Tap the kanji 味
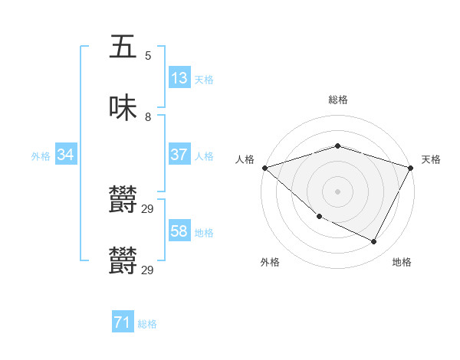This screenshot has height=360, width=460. tap(123, 109)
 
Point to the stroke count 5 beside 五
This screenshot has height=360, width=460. tap(148, 55)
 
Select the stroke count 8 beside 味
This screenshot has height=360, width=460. tap(148, 117)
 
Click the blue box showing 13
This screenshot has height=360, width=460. tap(179, 78)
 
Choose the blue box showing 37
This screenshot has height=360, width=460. tap(179, 155)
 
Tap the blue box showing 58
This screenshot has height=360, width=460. tap(179, 231)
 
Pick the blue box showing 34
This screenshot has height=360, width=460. tap(66, 155)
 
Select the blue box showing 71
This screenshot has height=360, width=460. tap(123, 323)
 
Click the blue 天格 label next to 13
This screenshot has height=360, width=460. tap(203, 80)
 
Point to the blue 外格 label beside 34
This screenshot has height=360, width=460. tap(41, 156)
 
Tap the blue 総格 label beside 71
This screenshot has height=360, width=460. tap(147, 325)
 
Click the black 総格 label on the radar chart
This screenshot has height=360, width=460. tap(338, 100)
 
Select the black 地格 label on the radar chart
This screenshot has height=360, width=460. tap(402, 263)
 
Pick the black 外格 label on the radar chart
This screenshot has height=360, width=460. tap(270, 263)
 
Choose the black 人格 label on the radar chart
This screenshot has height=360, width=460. tap(245, 159)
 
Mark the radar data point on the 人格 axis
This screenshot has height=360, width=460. tap(264, 168)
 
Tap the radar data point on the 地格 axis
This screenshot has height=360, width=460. tap(374, 242)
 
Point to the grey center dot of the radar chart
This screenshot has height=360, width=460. tap(338, 191)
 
